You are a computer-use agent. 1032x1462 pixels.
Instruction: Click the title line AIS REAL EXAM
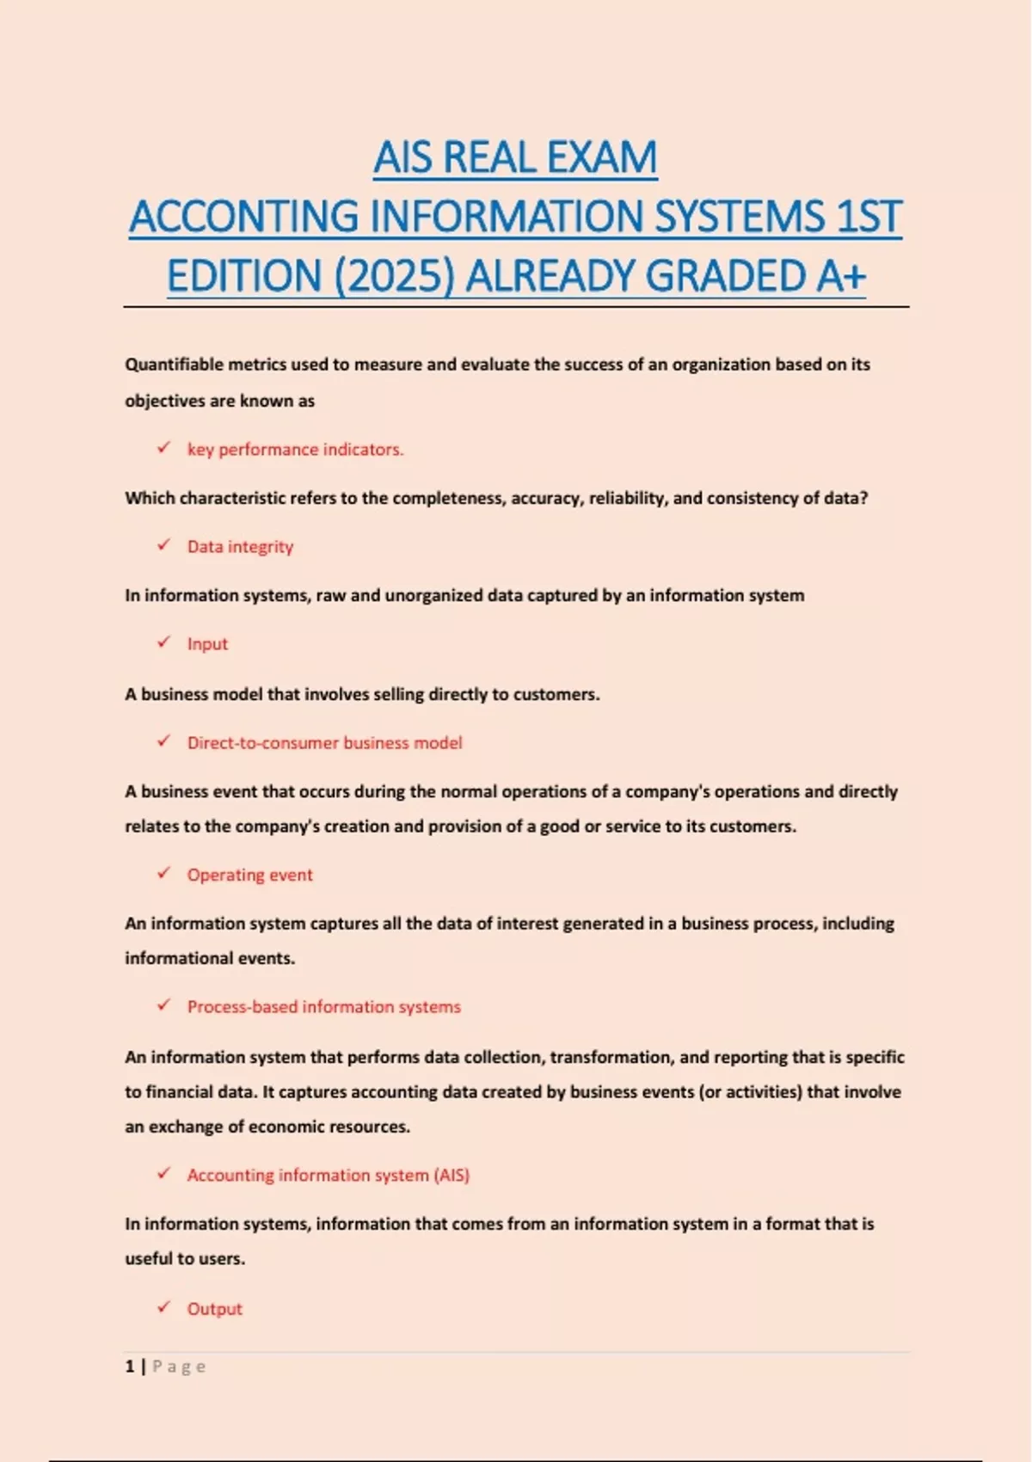click(515, 157)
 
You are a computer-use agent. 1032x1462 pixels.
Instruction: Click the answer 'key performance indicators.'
click(295, 449)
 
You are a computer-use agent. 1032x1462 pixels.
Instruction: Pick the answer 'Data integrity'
click(240, 546)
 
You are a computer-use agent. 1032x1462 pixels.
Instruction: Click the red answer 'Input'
click(207, 643)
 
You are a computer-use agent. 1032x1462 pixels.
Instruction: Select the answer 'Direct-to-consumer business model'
click(324, 742)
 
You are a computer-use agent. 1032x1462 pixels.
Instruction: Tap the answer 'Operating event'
click(249, 875)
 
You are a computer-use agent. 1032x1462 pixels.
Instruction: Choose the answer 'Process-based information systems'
click(323, 1006)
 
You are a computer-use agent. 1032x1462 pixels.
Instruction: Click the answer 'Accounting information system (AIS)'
click(328, 1175)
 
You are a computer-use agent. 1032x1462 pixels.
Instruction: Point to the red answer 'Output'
click(214, 1308)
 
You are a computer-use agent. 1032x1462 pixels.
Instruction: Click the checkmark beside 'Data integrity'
click(163, 544)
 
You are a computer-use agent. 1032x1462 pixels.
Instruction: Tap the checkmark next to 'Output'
click(163, 1306)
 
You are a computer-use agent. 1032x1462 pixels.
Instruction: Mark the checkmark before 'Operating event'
click(163, 873)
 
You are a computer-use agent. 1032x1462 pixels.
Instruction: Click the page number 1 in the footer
click(130, 1366)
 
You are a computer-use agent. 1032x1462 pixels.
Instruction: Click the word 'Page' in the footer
click(179, 1366)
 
